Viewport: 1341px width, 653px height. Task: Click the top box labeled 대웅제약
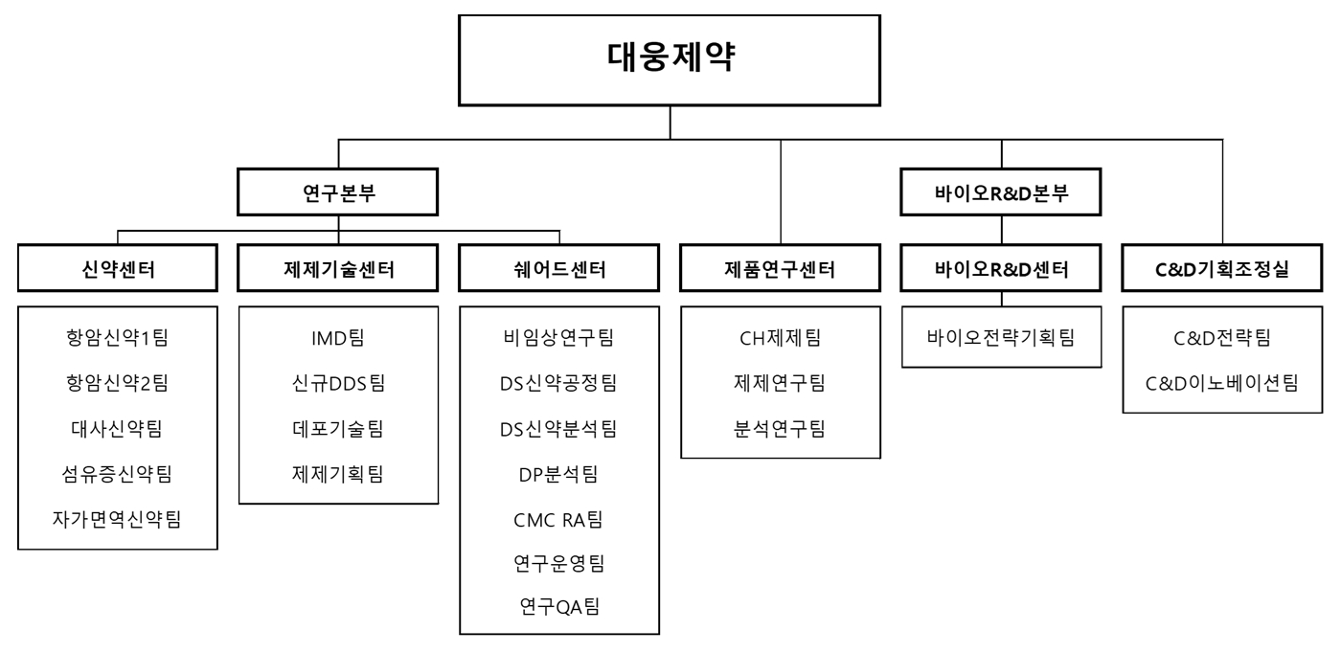pos(670,59)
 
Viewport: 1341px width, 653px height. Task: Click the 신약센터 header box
pos(118,271)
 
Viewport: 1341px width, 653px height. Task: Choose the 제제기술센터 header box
pos(338,271)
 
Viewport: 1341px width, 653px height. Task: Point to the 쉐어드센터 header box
pos(559,271)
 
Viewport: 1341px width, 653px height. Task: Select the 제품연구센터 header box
pos(781,271)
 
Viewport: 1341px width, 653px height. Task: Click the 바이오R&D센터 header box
pos(1002,271)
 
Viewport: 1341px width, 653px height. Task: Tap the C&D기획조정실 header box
pos(1222,271)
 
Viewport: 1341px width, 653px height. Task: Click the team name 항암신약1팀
pos(118,338)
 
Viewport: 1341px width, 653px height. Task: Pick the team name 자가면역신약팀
pos(118,520)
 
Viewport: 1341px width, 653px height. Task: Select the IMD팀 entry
pos(338,338)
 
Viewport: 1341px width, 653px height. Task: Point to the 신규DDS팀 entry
pos(338,383)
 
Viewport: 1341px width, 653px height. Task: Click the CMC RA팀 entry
pos(559,520)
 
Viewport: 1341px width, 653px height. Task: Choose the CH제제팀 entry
pos(781,338)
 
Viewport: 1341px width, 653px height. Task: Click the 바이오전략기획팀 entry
pos(1002,338)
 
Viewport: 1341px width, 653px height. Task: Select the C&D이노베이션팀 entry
pos(1222,383)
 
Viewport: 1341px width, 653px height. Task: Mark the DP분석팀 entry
pos(559,474)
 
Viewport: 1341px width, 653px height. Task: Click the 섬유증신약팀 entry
pos(118,474)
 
